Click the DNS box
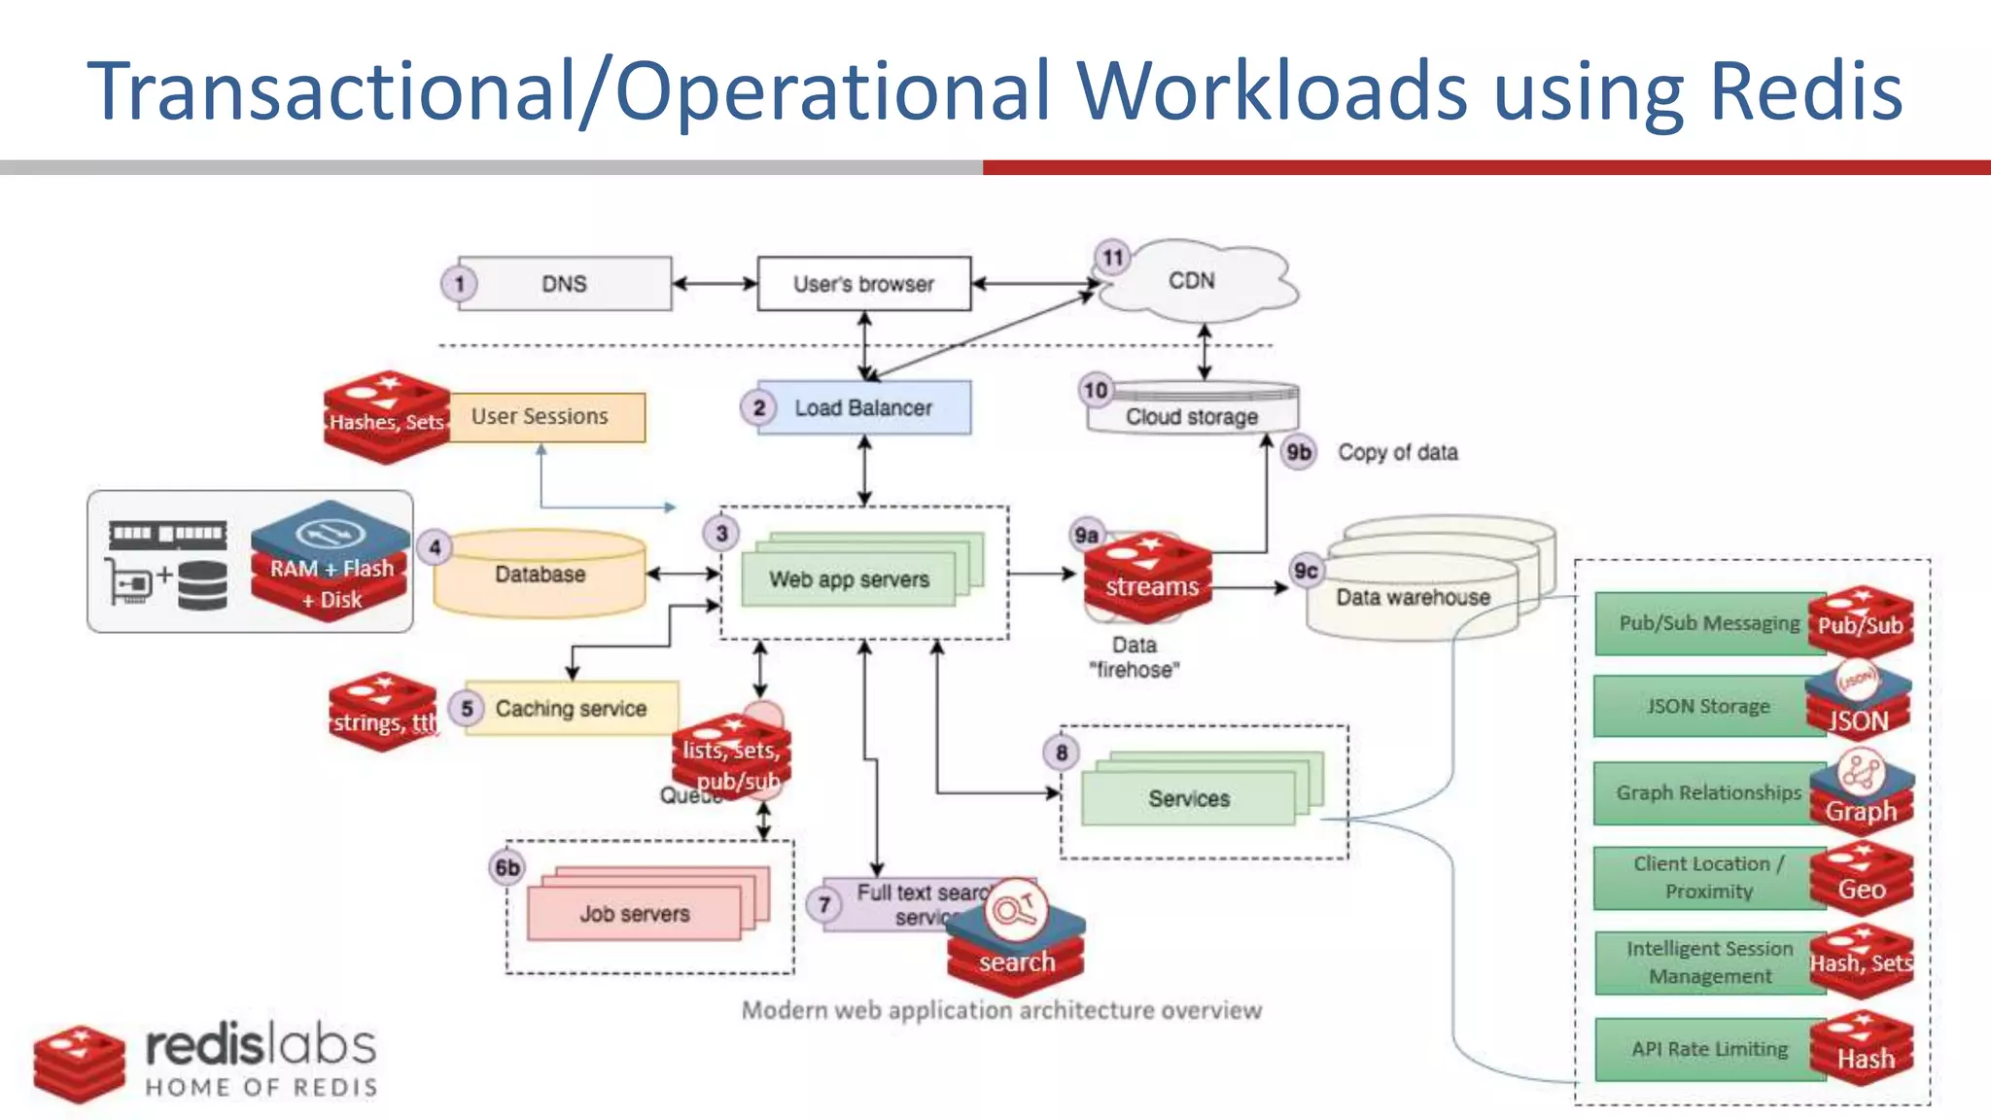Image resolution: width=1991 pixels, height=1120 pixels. coord(564,284)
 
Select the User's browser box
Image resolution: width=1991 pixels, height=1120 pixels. coord(863,284)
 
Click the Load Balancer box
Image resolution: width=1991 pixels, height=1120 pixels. coord(863,407)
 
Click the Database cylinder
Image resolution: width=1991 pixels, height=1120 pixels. coord(540,574)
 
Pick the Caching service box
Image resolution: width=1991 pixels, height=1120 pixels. coord(571,708)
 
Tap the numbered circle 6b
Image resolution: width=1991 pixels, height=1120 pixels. coord(507,867)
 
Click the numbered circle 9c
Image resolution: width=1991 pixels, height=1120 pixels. coord(1306,571)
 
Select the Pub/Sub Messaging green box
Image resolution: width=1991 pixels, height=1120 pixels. coord(1708,623)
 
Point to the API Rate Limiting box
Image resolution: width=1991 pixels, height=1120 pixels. coord(1709,1049)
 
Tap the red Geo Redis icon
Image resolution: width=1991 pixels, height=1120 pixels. coord(1861,879)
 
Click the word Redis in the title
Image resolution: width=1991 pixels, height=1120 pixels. coord(1805,90)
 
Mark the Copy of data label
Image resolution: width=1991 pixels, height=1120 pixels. coord(1397,453)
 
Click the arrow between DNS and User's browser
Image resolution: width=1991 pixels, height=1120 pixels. coord(715,284)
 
